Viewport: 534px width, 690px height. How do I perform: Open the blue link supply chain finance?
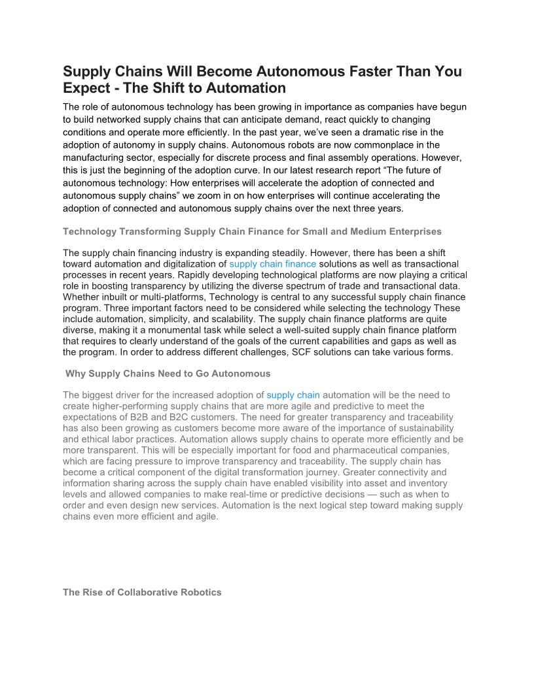click(272, 264)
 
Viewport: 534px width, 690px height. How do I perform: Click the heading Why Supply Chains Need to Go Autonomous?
click(168, 374)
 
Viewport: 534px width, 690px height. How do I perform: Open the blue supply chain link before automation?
click(293, 395)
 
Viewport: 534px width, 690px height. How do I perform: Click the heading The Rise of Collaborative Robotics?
click(142, 593)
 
